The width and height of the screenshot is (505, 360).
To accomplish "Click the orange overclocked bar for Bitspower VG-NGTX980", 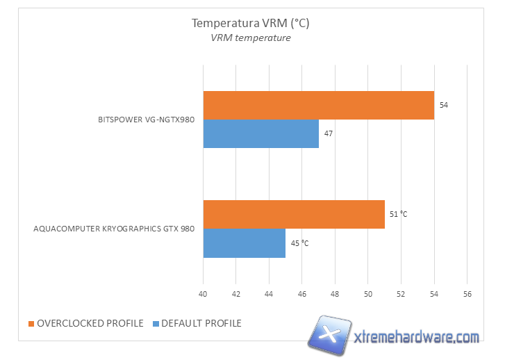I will [x=318, y=105].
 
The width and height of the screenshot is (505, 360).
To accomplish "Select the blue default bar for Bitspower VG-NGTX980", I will [x=260, y=133].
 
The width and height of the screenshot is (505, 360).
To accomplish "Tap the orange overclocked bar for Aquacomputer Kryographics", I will [x=293, y=214].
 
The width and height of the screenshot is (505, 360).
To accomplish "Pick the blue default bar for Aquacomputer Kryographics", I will [x=244, y=243].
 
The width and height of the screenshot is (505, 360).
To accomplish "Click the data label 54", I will [x=444, y=105].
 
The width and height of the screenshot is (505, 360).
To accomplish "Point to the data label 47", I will [x=329, y=133].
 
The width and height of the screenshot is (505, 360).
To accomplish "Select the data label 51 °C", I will [x=398, y=214].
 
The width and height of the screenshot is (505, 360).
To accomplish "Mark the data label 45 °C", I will [x=299, y=243].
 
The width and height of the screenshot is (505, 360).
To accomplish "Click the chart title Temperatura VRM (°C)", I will [x=250, y=23].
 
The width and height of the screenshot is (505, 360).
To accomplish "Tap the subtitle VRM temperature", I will [x=251, y=38].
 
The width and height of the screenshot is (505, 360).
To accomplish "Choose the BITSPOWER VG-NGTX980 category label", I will [x=146, y=120].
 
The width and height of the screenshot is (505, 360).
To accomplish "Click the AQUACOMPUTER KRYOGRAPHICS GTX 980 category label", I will [x=114, y=229].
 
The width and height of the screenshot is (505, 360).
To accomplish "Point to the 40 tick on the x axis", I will [x=203, y=294].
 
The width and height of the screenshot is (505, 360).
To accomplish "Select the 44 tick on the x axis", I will [x=269, y=294].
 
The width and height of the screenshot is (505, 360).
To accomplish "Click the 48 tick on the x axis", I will [x=335, y=294].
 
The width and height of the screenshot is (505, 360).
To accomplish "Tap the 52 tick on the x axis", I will [x=401, y=294].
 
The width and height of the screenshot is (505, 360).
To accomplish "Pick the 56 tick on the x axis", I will [x=467, y=294].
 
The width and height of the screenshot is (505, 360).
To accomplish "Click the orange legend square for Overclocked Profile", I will [x=31, y=323].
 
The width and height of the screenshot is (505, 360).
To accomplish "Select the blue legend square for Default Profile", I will [x=156, y=323].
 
